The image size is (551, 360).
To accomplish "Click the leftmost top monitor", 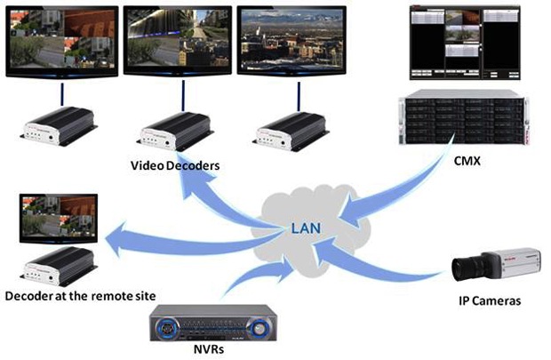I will point(61,40).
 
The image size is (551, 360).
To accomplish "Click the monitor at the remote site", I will point(56,218).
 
